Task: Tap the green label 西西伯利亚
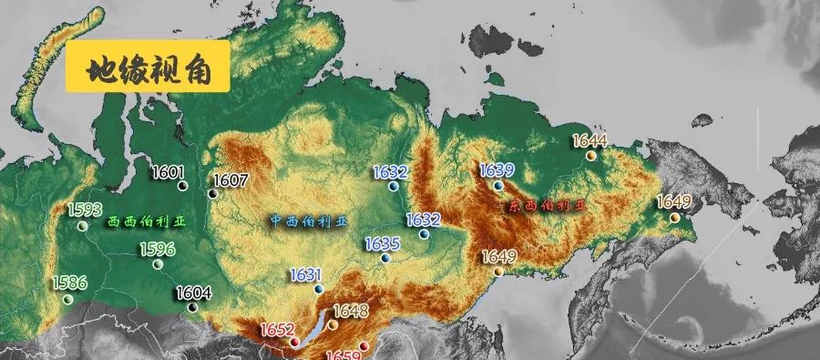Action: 145,221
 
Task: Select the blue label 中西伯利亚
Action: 309,221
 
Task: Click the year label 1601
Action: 169,172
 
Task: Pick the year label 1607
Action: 231,180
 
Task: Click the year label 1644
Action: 589,140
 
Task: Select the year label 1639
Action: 497,170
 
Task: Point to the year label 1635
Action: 383,243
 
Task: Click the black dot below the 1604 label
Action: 191,307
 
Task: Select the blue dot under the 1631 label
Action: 318,289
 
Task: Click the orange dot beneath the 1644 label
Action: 590,156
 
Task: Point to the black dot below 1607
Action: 212,193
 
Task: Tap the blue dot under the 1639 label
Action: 498,185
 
